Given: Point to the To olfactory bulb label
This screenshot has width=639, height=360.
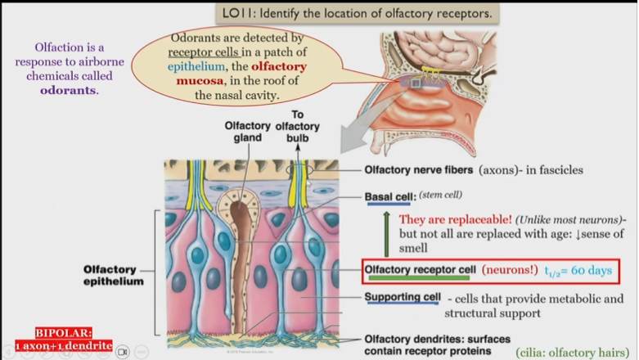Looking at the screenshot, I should [298, 126].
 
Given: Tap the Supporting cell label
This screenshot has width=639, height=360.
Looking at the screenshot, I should [403, 297].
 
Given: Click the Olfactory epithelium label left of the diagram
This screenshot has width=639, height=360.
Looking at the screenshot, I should [115, 275].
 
